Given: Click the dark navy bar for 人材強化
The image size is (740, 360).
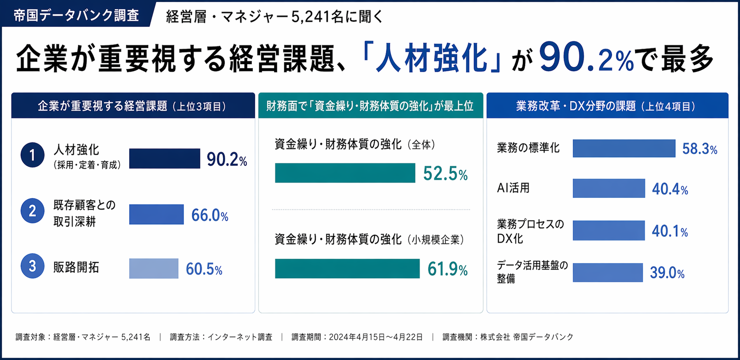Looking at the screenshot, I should (x=165, y=158).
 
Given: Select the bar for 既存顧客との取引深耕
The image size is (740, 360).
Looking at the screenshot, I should (x=156, y=214).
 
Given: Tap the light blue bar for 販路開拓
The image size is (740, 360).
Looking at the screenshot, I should (x=154, y=268).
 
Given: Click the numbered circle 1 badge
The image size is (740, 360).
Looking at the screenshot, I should (x=33, y=155).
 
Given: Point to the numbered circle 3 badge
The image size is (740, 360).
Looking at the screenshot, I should (x=33, y=266).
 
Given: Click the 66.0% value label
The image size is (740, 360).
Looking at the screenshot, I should (x=209, y=215).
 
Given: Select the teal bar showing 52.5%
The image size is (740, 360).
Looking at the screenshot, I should (x=345, y=173).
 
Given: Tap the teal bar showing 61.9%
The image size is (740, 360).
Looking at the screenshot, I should (x=347, y=269).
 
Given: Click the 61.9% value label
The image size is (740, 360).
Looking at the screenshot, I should (x=447, y=269).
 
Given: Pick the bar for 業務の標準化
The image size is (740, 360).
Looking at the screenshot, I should (x=624, y=148).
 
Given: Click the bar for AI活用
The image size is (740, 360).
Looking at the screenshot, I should (x=608, y=188).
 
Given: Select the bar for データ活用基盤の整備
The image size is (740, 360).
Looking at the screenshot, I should (x=607, y=272).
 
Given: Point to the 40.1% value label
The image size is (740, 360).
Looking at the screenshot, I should (x=670, y=231).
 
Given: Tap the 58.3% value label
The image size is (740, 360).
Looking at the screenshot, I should (x=700, y=149).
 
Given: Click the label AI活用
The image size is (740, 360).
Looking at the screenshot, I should (x=513, y=188).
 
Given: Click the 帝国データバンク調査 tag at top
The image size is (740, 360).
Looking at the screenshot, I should (x=76, y=15).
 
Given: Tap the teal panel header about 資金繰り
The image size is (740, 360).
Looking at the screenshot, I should (x=370, y=106).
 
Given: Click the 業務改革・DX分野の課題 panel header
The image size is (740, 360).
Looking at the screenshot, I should (x=607, y=106).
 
